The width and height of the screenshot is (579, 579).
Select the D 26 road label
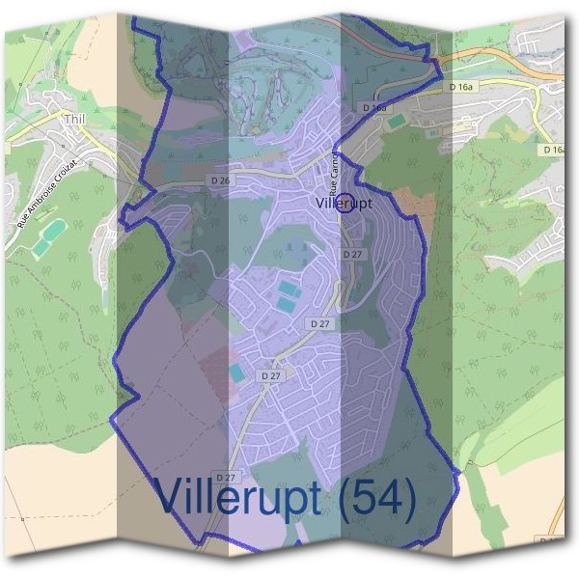point(220,180)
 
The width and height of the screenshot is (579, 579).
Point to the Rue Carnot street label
point(334,174)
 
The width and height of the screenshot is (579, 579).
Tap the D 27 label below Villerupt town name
point(352,254)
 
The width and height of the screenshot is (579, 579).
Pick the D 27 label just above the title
point(226,477)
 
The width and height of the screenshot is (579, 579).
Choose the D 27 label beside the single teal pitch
point(271,374)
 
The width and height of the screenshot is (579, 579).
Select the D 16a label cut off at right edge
point(552,150)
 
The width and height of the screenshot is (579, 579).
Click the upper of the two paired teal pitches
point(288,287)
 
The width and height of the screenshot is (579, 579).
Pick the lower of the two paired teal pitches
point(285,304)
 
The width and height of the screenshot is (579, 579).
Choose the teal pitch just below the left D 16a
point(398,123)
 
